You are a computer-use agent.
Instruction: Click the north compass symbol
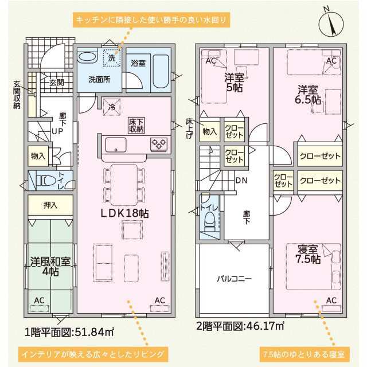click(331, 24)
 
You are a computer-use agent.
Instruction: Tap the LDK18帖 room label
click(124, 213)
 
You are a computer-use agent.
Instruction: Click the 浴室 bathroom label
click(138, 63)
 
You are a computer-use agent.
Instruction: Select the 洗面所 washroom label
click(99, 80)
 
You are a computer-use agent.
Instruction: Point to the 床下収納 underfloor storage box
click(136, 126)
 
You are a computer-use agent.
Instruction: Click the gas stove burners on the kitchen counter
click(159, 143)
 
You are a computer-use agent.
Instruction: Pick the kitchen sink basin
click(116, 145)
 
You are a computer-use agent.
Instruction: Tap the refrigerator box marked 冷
click(112, 107)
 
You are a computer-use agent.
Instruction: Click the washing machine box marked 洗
click(112, 57)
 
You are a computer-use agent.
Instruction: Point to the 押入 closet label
click(50, 205)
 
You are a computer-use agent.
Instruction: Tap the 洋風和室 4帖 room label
click(50, 267)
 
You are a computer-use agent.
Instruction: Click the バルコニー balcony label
click(234, 279)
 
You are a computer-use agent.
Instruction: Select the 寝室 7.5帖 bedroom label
click(308, 255)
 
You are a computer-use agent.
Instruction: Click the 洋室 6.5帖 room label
click(307, 95)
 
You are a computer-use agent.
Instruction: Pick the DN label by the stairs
click(241, 181)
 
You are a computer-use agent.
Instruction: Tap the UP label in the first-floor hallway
click(57, 131)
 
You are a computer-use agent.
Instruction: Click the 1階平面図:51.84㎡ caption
click(69, 332)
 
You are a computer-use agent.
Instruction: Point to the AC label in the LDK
click(159, 300)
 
